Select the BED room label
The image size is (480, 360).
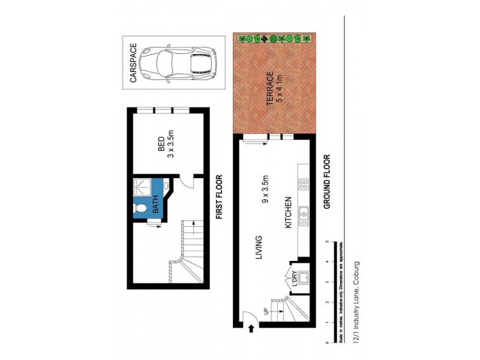[x=161, y=145]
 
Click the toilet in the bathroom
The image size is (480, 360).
[x=140, y=208]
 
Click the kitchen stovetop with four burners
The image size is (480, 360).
[x=304, y=185]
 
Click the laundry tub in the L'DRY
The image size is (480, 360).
[x=304, y=278]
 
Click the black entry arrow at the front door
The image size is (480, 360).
[x=251, y=328]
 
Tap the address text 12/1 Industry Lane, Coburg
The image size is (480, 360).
[x=356, y=303]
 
